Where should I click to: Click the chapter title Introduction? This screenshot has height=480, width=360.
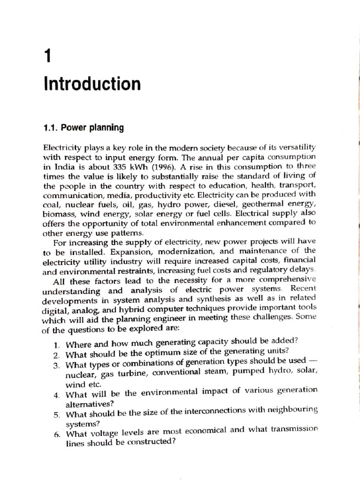pos(92,84)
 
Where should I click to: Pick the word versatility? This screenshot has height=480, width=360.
pos(294,148)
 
